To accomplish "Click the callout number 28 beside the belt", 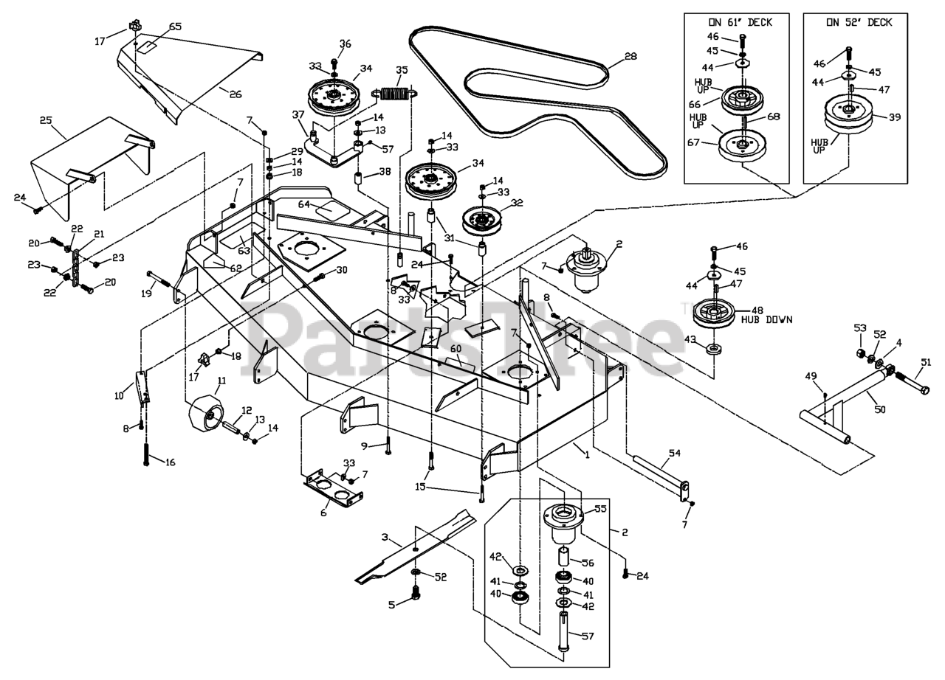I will tap(630, 57).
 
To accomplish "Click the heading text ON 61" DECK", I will tap(734, 22).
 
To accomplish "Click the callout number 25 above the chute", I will tap(46, 119).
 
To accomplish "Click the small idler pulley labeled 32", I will tap(481, 219).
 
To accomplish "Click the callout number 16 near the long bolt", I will tap(171, 462).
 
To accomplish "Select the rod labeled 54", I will tap(661, 473).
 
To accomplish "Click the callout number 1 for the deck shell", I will tap(588, 455).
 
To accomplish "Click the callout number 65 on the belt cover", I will tap(175, 27).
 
